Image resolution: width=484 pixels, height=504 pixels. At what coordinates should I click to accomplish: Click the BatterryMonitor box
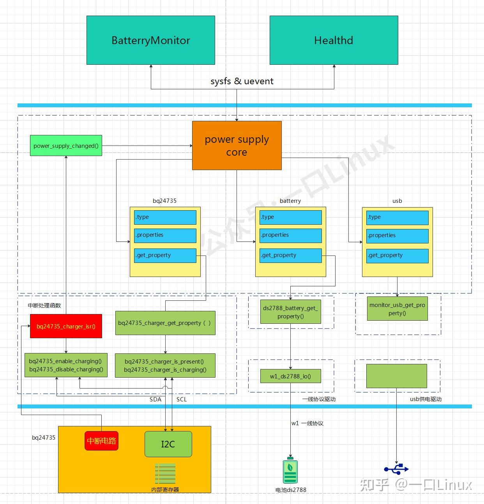click(150, 40)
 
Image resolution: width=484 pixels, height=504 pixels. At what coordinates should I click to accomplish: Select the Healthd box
click(334, 40)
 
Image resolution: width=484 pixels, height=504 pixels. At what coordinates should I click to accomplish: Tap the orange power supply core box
click(237, 146)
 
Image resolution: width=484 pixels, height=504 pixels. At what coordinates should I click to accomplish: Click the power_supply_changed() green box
click(66, 146)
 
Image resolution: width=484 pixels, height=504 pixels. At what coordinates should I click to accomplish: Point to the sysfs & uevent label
click(242, 81)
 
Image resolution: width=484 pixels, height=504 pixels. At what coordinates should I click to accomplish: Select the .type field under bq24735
click(165, 217)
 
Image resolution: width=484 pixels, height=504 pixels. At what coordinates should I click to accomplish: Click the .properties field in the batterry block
click(290, 235)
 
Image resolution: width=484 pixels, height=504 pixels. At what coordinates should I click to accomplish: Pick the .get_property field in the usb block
click(397, 256)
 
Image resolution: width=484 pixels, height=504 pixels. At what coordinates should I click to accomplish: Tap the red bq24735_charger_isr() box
click(66, 326)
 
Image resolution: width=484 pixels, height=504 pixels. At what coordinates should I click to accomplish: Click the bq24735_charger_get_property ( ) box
click(165, 323)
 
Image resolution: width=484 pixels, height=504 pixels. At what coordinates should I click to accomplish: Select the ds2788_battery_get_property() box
click(290, 312)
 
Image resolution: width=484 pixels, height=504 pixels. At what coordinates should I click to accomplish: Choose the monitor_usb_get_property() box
click(397, 309)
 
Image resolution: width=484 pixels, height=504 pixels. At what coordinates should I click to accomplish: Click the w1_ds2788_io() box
click(290, 376)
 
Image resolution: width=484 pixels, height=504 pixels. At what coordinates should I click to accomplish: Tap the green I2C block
click(168, 444)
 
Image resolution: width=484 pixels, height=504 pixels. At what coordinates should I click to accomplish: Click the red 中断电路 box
click(101, 441)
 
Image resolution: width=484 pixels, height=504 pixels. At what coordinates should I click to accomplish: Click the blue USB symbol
click(396, 469)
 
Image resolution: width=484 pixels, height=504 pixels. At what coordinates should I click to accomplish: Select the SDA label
click(155, 399)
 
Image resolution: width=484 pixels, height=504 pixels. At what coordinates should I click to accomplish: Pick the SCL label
click(182, 399)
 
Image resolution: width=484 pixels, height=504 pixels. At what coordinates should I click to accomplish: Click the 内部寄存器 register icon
click(165, 474)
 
